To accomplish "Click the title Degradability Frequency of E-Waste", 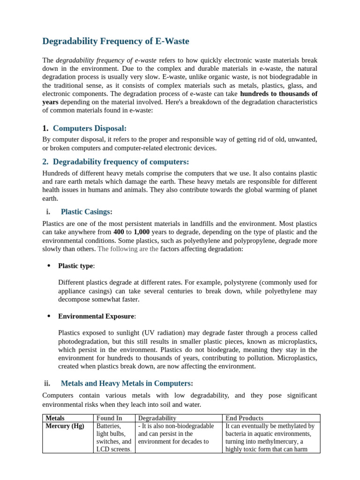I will click(116, 41).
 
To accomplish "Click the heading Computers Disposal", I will click(90, 128).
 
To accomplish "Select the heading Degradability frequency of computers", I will click(121, 162).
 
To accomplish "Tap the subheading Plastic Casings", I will click(86, 211).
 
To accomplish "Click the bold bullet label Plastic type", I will click(75, 266).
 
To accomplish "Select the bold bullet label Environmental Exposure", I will click(96, 316).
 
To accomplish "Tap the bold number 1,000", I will click(142, 232).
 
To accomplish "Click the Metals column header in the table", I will click(55, 418).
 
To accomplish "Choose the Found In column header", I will click(109, 418).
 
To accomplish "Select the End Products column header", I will click(244, 418).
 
